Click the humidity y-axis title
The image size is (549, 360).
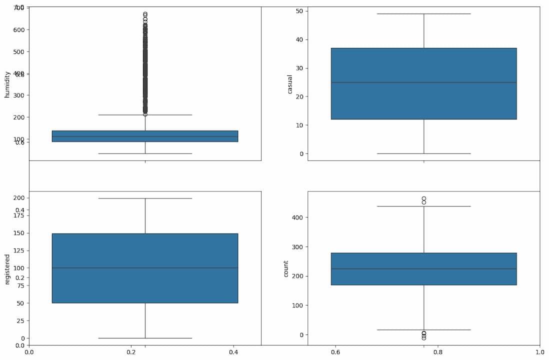[7, 84]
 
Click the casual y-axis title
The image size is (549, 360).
[290, 84]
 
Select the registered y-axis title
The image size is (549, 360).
[7, 269]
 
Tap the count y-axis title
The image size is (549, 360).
[286, 268]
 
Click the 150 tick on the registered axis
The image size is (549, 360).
[18, 233]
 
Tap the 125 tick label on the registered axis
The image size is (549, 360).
[18, 250]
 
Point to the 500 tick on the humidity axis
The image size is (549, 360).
[18, 51]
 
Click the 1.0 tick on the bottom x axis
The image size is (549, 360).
[539, 352]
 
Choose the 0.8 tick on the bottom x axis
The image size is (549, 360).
[437, 352]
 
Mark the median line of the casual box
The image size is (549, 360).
[423, 82]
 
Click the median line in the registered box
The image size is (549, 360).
[145, 268]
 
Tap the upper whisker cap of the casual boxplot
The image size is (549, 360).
[423, 13]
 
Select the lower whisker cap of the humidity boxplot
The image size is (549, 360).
[145, 153]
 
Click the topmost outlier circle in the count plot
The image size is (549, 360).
[423, 198]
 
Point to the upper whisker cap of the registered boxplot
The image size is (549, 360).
[145, 198]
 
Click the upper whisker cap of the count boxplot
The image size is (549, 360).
[423, 206]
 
